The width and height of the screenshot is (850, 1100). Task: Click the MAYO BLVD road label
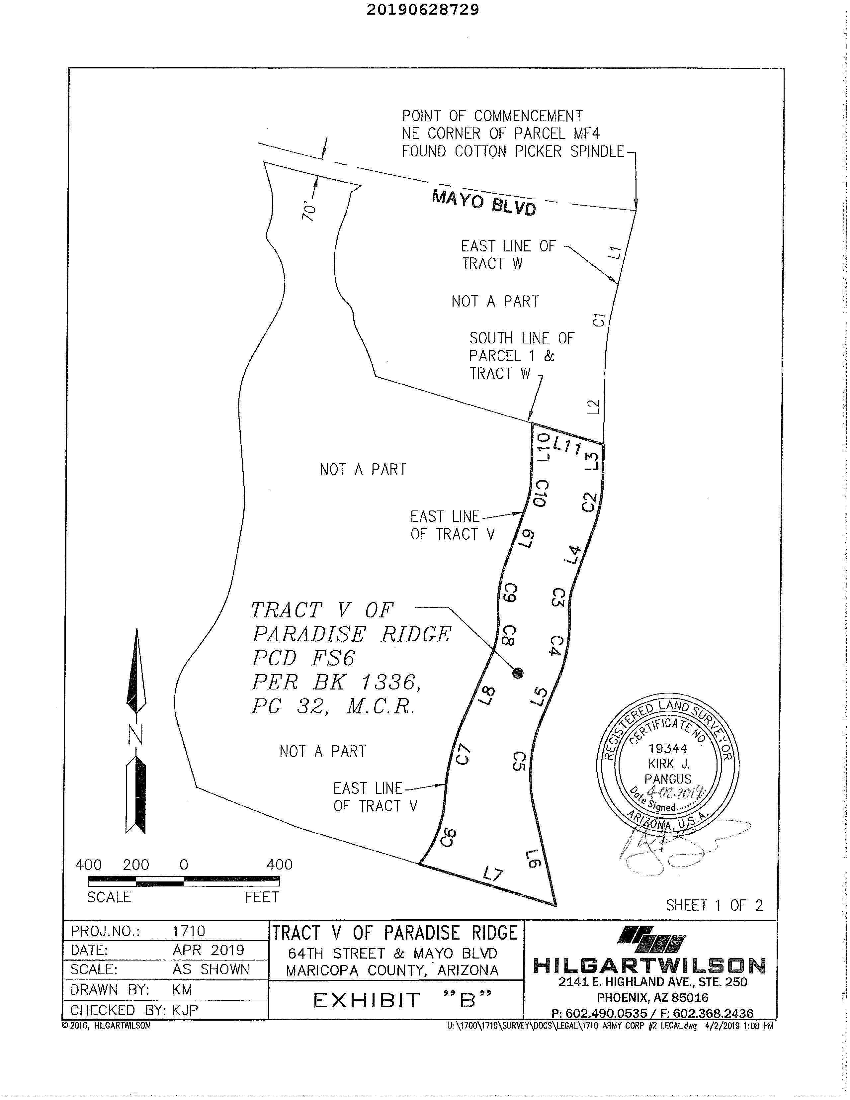(483, 203)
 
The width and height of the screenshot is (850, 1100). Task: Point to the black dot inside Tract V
(518, 673)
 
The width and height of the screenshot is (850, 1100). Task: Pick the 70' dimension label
(309, 212)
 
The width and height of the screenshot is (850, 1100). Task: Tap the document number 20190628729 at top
(422, 10)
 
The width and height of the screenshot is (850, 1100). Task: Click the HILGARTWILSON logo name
(649, 965)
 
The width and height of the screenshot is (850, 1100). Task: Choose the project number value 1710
(188, 931)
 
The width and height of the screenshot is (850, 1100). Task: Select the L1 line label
(614, 252)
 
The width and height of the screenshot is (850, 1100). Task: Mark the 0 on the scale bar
(184, 865)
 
